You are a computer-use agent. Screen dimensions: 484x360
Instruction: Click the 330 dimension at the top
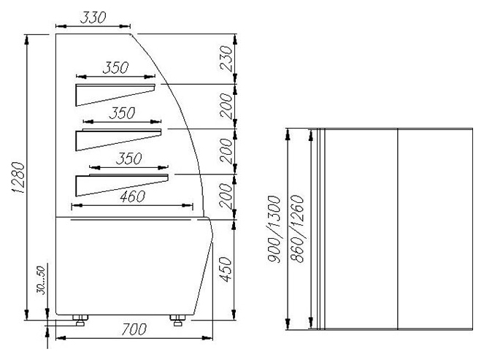(x=93, y=18)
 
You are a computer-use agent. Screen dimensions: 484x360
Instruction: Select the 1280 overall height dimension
(x=18, y=177)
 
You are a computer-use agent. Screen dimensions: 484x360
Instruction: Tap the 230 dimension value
(x=226, y=58)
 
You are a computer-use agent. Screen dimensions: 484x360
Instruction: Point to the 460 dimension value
(x=132, y=196)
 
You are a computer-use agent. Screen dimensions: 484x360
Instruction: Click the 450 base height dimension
(x=226, y=269)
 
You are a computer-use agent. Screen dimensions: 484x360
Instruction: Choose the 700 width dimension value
(x=134, y=329)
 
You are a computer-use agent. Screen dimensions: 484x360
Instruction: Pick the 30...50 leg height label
(x=41, y=280)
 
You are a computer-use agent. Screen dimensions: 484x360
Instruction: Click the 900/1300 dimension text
(x=274, y=229)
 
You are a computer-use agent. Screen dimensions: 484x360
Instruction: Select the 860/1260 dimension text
(x=298, y=229)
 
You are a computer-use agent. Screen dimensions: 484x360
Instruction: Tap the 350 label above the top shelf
(x=115, y=68)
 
